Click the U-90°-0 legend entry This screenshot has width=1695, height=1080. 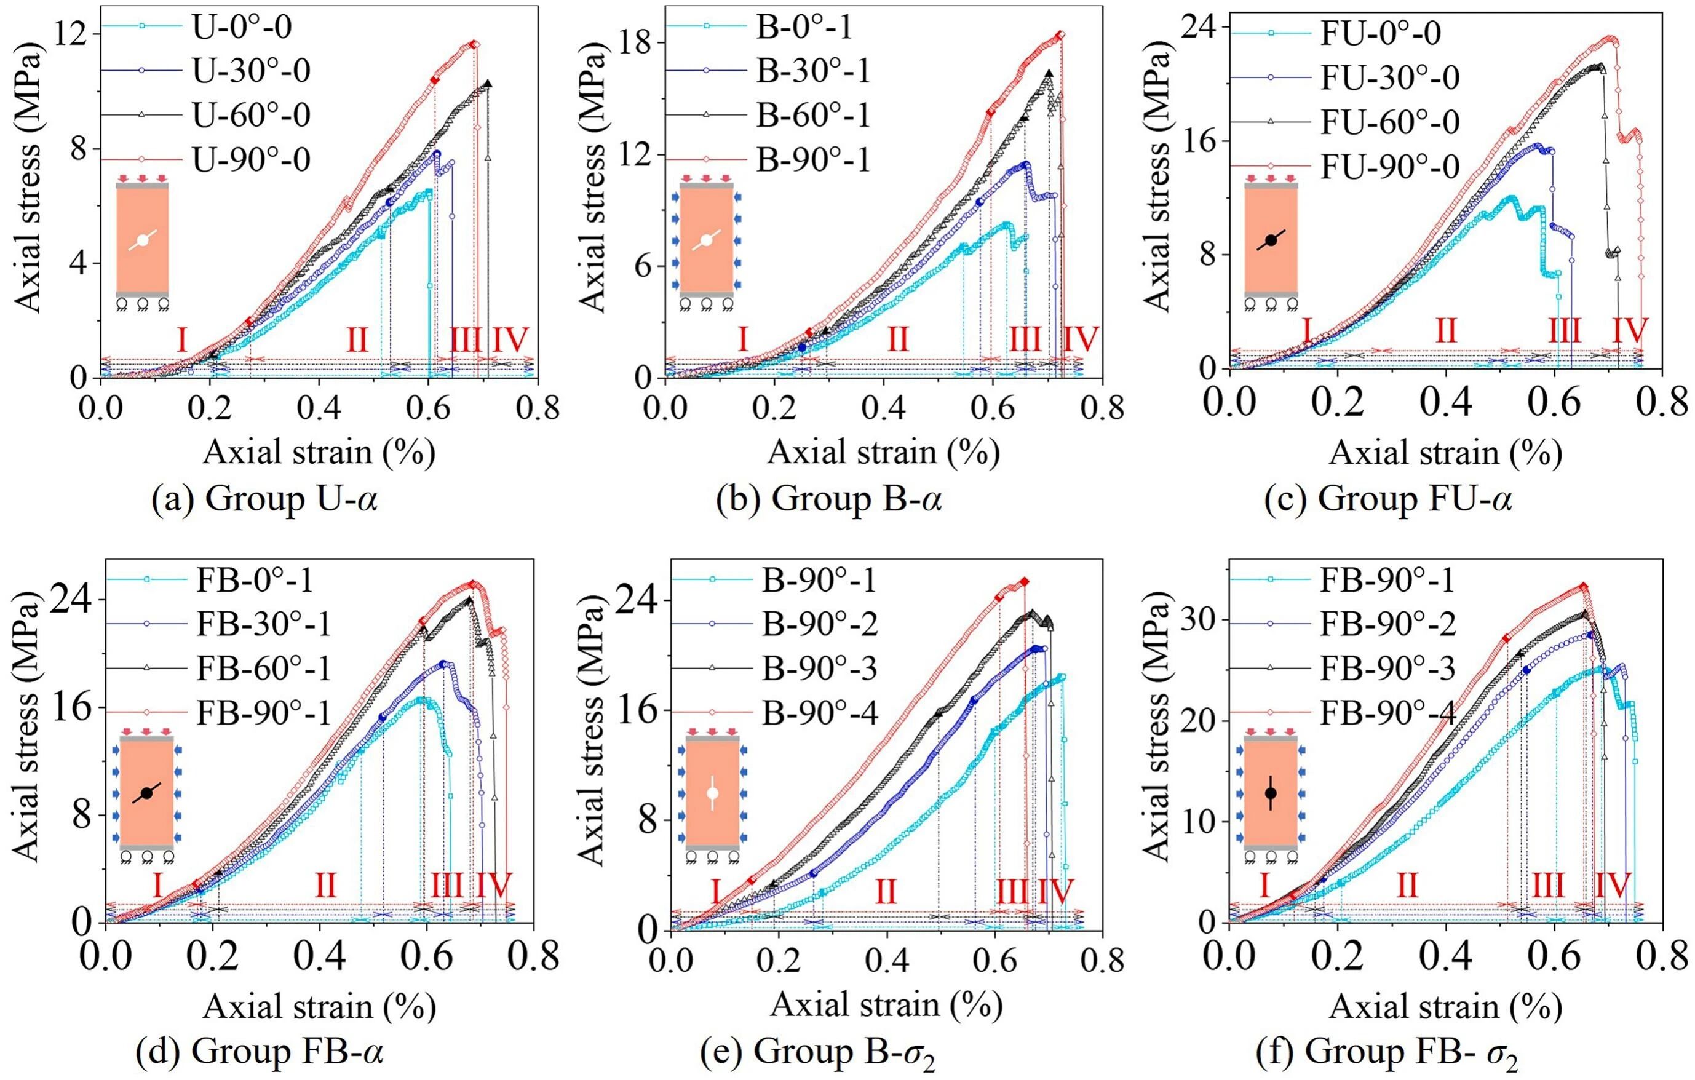252,159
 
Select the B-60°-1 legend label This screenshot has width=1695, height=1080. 813,115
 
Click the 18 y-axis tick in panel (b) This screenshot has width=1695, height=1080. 637,42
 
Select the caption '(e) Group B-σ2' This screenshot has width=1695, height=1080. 818,1052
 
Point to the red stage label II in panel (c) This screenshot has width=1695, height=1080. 1445,330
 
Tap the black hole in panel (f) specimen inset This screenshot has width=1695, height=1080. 1271,793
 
